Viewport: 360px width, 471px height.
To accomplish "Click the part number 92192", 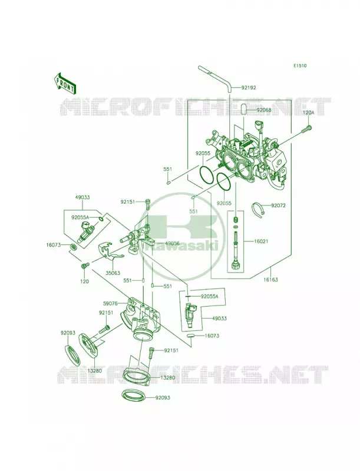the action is (x=248, y=88).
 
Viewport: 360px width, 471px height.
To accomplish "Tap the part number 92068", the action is (x=264, y=110).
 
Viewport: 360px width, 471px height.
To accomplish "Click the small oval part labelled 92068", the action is (x=243, y=110).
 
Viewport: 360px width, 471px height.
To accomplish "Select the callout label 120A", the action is (x=308, y=113).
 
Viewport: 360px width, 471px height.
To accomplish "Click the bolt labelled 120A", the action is (x=306, y=129).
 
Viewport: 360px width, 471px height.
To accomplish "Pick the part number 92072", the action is (x=278, y=205).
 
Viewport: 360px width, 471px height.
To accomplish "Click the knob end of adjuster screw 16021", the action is (x=235, y=266).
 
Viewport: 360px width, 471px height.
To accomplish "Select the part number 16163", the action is (x=271, y=280).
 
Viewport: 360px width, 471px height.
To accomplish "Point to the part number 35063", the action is (x=113, y=273).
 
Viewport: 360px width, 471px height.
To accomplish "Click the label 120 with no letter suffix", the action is (x=85, y=282).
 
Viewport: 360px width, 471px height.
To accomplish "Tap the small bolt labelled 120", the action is (x=85, y=266).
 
